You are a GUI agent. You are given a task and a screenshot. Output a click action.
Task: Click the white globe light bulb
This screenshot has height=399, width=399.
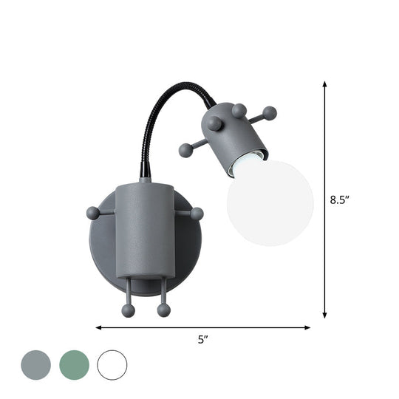click(x=270, y=202)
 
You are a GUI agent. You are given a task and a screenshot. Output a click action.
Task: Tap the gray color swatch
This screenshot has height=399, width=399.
click(x=35, y=365)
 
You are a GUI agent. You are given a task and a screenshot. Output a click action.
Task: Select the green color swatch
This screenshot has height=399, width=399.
click(x=74, y=365)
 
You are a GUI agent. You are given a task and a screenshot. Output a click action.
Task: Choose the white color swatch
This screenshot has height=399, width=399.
click(x=112, y=365)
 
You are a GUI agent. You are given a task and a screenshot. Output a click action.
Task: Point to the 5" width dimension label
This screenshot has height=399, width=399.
click(x=202, y=340)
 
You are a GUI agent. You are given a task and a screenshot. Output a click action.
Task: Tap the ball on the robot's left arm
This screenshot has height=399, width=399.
click(x=92, y=213)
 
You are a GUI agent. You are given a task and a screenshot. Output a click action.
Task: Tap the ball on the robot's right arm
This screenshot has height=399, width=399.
click(x=197, y=214)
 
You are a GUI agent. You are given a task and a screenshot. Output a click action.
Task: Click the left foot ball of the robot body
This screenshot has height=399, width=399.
click(x=129, y=310)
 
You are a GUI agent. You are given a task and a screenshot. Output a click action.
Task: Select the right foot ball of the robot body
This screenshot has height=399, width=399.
click(x=163, y=310)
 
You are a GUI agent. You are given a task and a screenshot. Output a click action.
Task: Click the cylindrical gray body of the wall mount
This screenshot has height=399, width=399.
click(x=145, y=229)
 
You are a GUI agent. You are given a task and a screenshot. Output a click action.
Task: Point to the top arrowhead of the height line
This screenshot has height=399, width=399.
click(x=324, y=84)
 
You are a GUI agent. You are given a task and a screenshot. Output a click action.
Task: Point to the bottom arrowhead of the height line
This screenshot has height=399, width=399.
click(x=324, y=316)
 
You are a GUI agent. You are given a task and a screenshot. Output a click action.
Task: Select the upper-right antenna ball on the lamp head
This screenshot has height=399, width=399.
click(x=270, y=113)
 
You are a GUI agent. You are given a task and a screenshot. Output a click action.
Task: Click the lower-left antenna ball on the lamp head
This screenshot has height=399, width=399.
click(x=185, y=151)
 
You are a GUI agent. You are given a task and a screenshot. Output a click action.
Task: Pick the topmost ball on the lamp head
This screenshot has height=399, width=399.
click(x=239, y=111)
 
